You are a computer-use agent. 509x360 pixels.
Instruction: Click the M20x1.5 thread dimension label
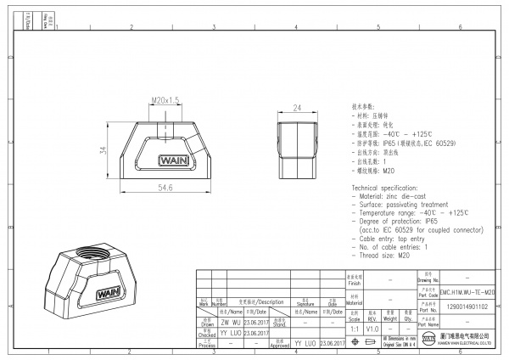(166, 100)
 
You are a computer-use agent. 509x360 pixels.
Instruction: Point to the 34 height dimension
(103, 149)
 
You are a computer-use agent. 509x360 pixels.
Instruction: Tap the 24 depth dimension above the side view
(297, 108)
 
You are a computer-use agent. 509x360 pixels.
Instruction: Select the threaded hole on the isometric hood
(92, 252)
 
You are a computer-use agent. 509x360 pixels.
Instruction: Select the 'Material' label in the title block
(354, 301)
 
